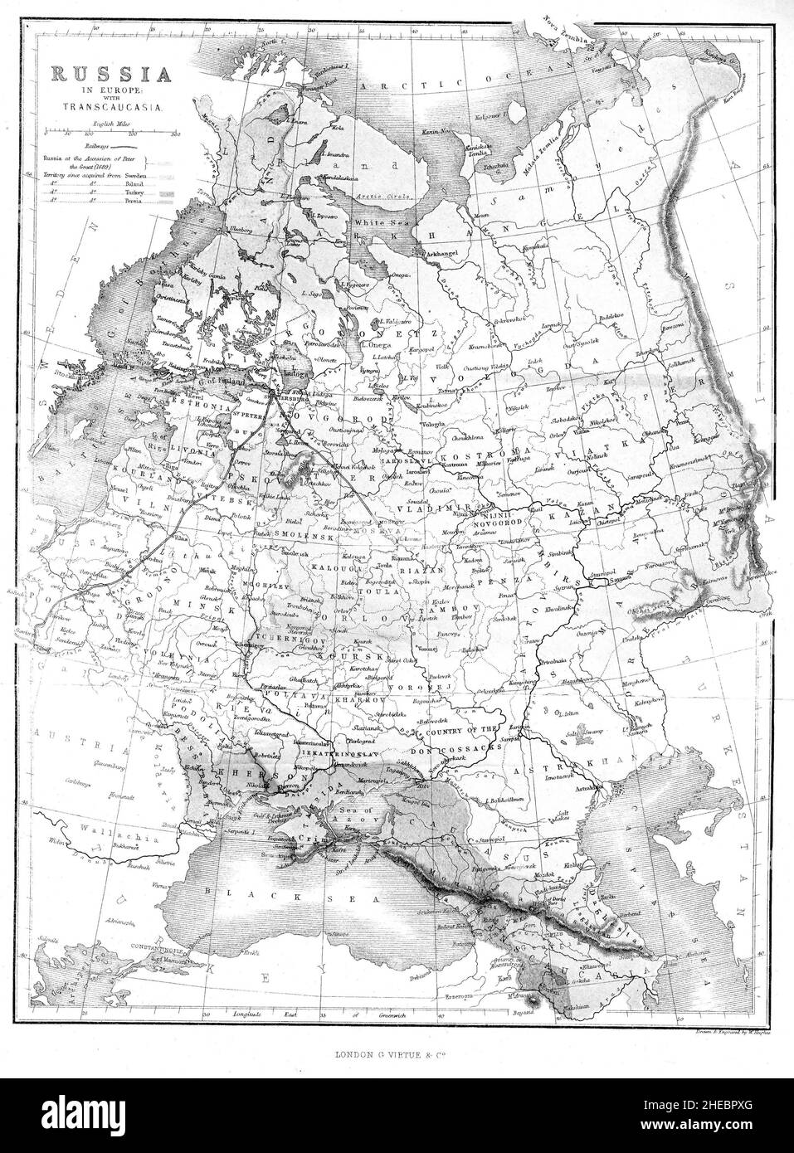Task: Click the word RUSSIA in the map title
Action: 111,74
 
